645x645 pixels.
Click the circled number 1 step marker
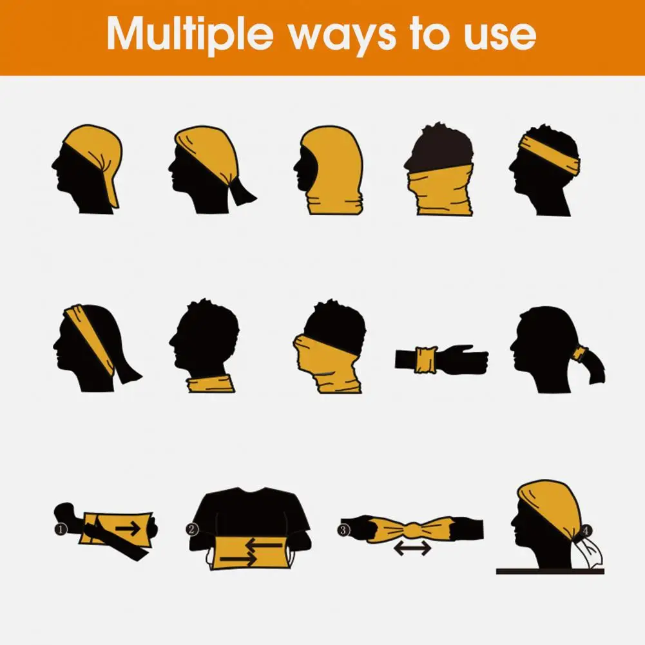tap(60, 529)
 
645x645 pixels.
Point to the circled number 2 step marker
tap(192, 530)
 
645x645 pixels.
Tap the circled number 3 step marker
tap(343, 530)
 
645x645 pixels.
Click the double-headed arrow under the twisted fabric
tap(412, 548)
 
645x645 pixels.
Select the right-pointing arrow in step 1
tap(128, 529)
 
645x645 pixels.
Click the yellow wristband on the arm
tap(426, 358)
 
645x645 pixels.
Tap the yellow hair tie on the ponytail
tap(582, 354)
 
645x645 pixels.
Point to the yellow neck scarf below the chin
tap(209, 385)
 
